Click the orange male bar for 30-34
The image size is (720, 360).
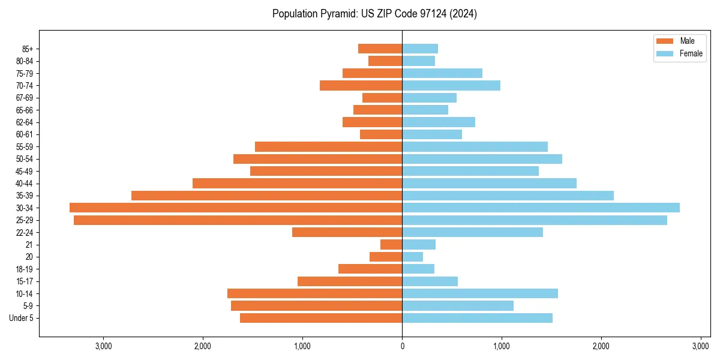pyautogui.click(x=236, y=208)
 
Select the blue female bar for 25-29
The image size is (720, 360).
pyautogui.click(x=534, y=220)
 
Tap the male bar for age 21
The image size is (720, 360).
pyautogui.click(x=391, y=245)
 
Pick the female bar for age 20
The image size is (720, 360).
pyautogui.click(x=413, y=257)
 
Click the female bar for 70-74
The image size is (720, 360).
pyautogui.click(x=451, y=86)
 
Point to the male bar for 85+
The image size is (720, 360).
pyautogui.click(x=380, y=49)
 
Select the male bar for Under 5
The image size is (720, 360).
pyautogui.click(x=321, y=318)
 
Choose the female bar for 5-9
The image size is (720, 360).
pyautogui.click(x=458, y=306)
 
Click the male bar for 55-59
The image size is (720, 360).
pyautogui.click(x=328, y=147)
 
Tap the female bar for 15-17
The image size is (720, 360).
pyautogui.click(x=430, y=281)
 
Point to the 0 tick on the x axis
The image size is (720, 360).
pyautogui.click(x=402, y=346)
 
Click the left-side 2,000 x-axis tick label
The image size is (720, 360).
pyautogui.click(x=203, y=346)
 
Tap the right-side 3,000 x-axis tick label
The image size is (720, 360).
pyautogui.click(x=701, y=346)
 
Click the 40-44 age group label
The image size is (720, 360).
pyautogui.click(x=24, y=184)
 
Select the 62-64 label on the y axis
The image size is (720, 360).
pyautogui.click(x=24, y=122)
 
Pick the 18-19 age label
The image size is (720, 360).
pyautogui.click(x=24, y=269)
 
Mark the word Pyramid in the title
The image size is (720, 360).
pyautogui.click(x=338, y=14)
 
